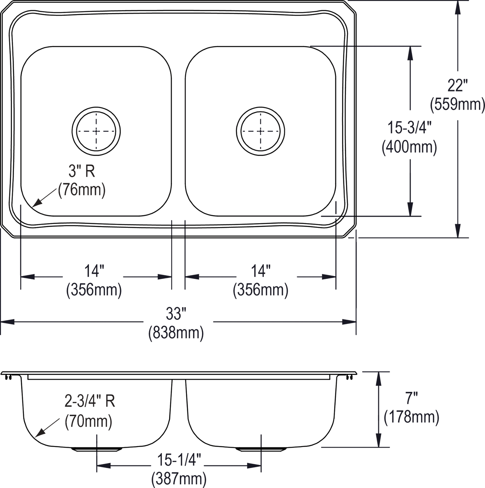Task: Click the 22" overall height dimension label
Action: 457,86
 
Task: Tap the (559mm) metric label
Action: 457,104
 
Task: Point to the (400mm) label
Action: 409,147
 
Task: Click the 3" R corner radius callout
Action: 82,171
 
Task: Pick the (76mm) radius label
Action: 82,190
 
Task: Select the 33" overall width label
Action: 176,314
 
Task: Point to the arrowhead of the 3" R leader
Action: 33,206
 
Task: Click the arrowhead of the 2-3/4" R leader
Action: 36,437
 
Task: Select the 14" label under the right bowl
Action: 260,271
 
